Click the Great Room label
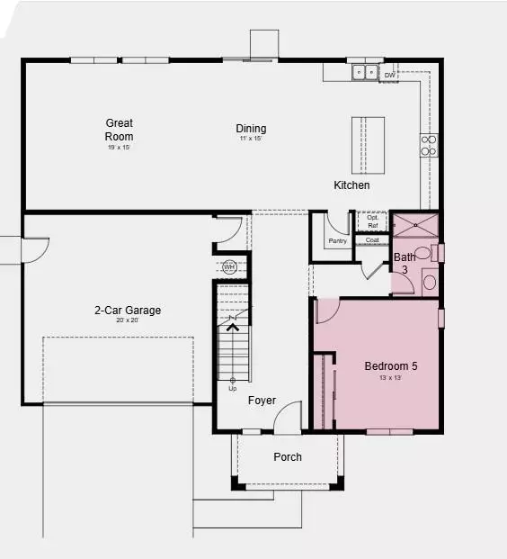[119, 130]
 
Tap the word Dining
[251, 129]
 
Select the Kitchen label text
[351, 185]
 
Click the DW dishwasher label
[389, 76]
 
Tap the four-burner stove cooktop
[428, 145]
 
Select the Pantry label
[337, 240]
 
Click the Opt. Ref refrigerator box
[372, 221]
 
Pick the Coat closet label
[372, 239]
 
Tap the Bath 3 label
[405, 264]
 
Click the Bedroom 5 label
[390, 366]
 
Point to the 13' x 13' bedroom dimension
[390, 379]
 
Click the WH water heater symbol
[228, 266]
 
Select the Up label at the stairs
[232, 388]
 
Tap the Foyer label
[262, 401]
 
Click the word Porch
[288, 457]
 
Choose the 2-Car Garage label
[128, 311]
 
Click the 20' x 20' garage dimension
[128, 321]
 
